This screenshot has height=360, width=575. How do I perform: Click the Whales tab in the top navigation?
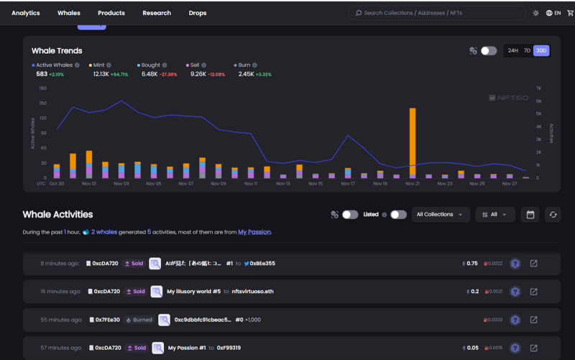click(69, 13)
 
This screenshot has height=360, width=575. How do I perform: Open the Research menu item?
click(157, 13)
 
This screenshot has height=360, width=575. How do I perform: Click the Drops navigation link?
click(198, 13)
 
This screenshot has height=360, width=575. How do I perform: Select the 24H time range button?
click(512, 51)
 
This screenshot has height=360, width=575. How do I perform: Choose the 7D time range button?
click(527, 51)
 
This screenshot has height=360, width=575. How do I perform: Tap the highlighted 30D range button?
click(541, 51)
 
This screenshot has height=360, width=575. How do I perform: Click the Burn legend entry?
click(244, 65)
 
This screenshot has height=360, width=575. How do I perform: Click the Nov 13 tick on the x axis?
click(283, 184)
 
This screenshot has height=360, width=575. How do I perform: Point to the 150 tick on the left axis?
click(43, 103)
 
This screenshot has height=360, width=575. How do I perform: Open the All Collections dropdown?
click(441, 214)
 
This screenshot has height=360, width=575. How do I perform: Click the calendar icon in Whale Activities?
click(530, 214)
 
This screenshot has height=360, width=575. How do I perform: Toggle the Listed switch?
click(398, 214)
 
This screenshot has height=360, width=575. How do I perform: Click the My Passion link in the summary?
click(254, 232)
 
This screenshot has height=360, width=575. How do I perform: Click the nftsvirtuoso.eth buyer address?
click(253, 292)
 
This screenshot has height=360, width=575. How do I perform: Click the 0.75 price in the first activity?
click(472, 264)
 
